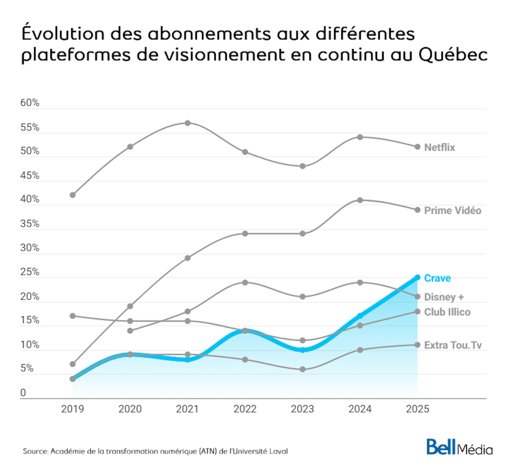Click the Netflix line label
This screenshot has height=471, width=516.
439,147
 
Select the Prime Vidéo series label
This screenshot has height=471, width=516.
453,210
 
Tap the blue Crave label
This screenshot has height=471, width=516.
437,278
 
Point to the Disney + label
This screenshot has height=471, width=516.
444,297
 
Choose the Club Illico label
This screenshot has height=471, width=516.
447,312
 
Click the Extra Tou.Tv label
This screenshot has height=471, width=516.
453,345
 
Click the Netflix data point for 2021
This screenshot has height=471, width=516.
188,123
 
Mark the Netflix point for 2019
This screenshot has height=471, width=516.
73,195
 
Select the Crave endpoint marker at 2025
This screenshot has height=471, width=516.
417,277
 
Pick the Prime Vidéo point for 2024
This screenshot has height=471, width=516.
360,200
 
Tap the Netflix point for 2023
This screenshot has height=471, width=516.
303,166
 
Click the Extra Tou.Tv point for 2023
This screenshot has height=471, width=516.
303,369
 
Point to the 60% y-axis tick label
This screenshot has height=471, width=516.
30,103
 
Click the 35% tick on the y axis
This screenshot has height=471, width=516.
30,224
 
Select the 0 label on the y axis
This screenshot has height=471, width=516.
23,393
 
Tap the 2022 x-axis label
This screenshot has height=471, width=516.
245,409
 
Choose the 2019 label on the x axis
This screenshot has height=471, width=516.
72,409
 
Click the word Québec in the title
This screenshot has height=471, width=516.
453,55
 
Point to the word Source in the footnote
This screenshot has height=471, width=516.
35,451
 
